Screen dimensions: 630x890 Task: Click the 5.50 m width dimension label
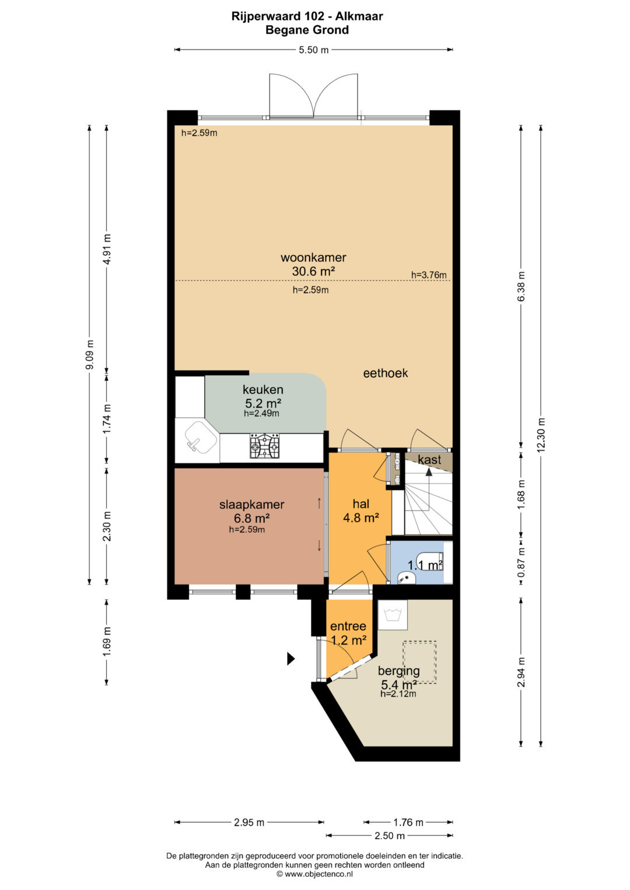click(x=313, y=50)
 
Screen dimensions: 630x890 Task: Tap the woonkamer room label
click(x=313, y=258)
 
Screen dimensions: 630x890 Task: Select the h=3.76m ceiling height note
click(x=429, y=275)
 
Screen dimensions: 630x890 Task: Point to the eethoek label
click(x=386, y=373)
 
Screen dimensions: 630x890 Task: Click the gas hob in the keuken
click(x=264, y=446)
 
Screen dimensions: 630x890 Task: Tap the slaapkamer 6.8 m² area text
click(x=252, y=518)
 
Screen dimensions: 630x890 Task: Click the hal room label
click(x=360, y=504)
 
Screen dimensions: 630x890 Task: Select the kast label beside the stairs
click(x=429, y=460)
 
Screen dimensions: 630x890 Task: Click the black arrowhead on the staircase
click(x=429, y=472)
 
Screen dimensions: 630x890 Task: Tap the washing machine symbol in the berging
click(x=392, y=615)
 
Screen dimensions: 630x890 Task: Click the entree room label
click(x=348, y=626)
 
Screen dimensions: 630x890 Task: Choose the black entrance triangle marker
click(x=291, y=659)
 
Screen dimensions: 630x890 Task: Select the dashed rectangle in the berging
click(x=420, y=662)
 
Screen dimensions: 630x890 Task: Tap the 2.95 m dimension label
click(x=249, y=822)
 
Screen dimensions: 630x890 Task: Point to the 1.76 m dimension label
click(x=408, y=822)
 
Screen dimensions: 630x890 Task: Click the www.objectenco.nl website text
click(x=318, y=874)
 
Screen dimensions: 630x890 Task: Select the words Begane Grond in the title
click(x=307, y=30)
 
